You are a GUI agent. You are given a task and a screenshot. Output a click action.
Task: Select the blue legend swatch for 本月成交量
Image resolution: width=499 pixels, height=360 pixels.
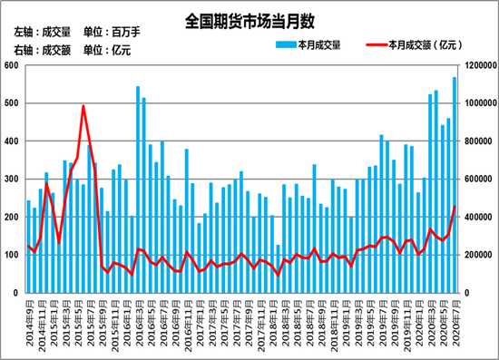281,44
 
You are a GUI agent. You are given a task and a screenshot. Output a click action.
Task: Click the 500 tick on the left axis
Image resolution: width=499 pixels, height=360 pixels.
13,104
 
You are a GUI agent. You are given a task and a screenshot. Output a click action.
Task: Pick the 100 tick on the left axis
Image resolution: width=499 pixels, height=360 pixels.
13,256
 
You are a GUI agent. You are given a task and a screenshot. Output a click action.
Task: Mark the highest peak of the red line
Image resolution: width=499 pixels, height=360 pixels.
83,106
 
